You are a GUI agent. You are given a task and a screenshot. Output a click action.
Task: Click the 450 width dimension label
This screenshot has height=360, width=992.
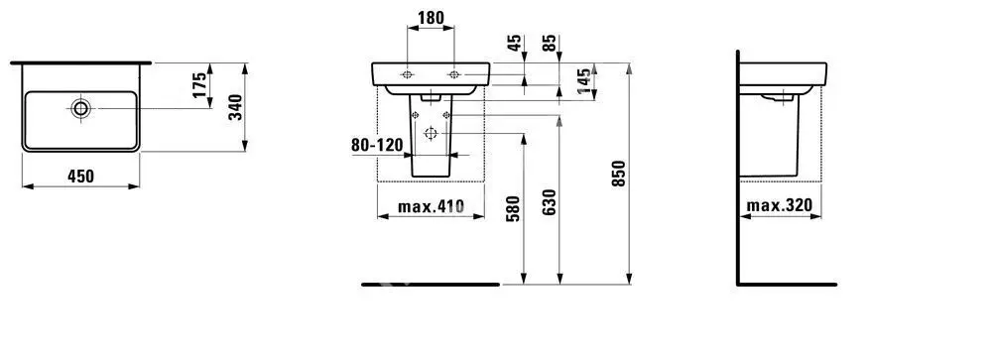coord(81,177)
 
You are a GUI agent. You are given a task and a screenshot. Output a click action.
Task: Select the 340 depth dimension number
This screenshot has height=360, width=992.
coord(235,107)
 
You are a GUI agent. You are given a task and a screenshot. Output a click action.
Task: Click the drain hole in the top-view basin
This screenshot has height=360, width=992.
coord(81,108)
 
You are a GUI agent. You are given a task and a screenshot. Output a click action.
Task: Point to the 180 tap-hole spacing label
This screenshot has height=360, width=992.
coord(431,18)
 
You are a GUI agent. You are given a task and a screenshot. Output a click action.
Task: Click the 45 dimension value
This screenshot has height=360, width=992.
coord(515,43)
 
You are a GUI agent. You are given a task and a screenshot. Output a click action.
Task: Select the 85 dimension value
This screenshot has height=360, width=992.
coord(550,43)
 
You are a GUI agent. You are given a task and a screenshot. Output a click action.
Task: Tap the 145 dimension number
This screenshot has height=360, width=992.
coord(586,80)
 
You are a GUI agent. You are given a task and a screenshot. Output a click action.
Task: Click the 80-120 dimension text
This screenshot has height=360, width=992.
coord(377,146)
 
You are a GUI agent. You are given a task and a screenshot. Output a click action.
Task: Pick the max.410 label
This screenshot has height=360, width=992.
coord(431,206)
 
